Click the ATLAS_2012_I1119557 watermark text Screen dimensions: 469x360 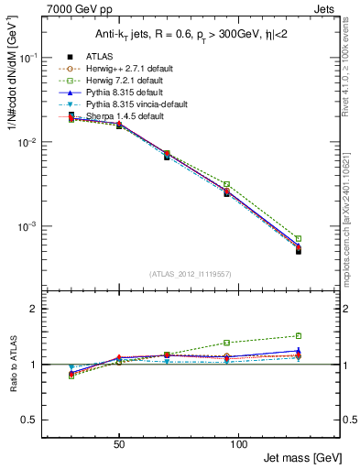click(x=191, y=274)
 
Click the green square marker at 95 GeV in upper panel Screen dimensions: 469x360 click(x=226, y=184)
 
